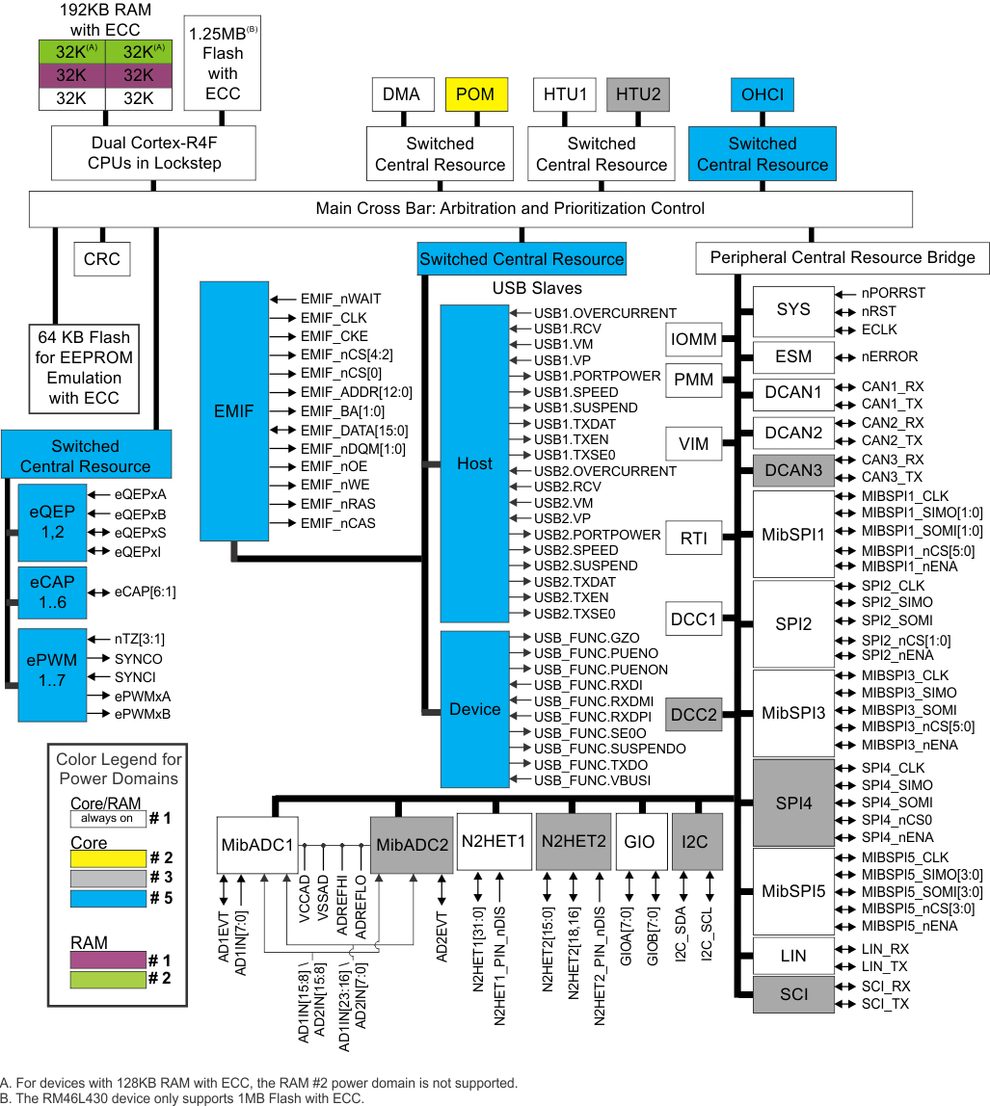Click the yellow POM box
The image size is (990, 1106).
point(474,94)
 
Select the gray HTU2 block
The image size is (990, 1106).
point(638,94)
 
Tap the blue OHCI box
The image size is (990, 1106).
point(763,94)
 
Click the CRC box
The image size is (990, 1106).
point(101,259)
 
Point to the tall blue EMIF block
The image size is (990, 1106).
point(234,411)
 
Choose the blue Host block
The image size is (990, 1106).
point(474,463)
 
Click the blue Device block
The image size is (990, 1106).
point(474,709)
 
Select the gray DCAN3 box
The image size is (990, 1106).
point(793,470)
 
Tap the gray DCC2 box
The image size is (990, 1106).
point(694,714)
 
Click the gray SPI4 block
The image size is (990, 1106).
point(793,803)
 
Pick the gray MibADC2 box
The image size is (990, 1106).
point(413,844)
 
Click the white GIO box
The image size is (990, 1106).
point(639,842)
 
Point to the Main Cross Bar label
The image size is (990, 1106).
point(510,209)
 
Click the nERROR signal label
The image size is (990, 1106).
point(890,356)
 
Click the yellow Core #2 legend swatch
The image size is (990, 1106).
point(107,858)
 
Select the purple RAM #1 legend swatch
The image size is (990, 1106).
point(107,960)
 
